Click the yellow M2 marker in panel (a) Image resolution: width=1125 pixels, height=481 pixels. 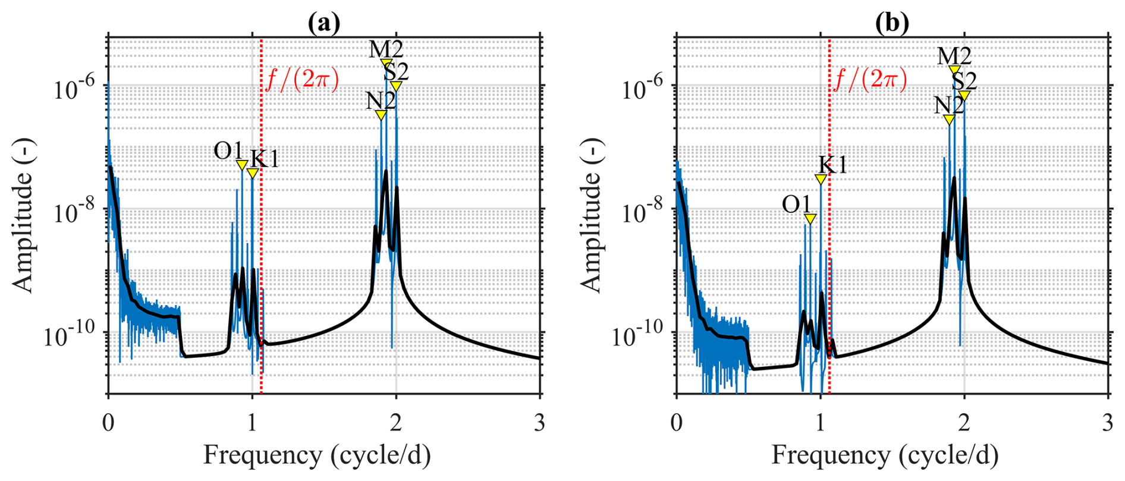pos(386,64)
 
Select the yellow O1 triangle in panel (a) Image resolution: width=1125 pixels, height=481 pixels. pos(241,165)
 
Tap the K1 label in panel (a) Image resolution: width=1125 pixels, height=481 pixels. pos(265,159)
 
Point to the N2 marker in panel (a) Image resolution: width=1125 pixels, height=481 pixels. pos(381,115)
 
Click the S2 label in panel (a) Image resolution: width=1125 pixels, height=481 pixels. pos(396,72)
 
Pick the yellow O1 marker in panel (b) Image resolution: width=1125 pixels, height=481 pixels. pos(810,219)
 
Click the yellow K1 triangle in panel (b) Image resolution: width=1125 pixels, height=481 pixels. pos(821,179)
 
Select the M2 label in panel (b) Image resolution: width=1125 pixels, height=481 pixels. pos(954,56)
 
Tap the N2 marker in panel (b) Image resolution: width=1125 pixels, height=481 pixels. pos(950,120)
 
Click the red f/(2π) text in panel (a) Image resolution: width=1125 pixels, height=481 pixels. pos(302,79)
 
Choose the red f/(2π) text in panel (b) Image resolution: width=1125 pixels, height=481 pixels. pos(871,79)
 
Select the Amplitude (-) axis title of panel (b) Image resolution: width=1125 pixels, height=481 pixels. pos(591,215)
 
